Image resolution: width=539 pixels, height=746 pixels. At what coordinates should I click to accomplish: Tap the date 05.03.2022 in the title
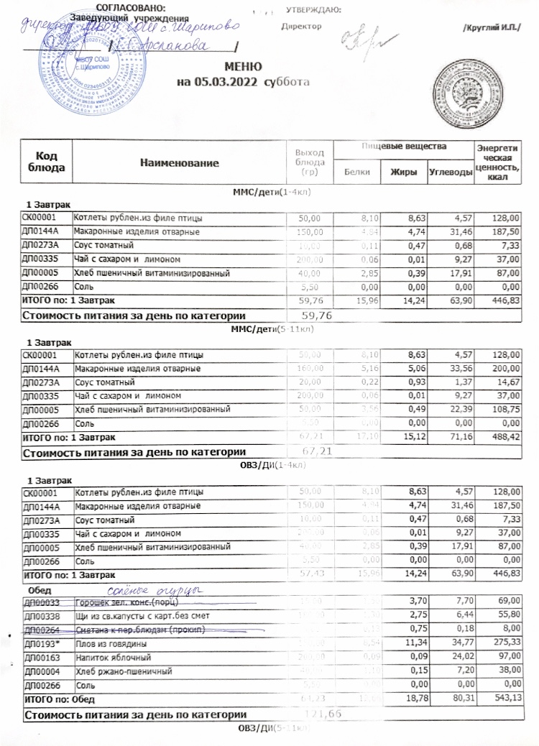tap(221, 81)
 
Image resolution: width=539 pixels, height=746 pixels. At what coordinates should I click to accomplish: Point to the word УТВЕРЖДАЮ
tap(313, 9)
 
